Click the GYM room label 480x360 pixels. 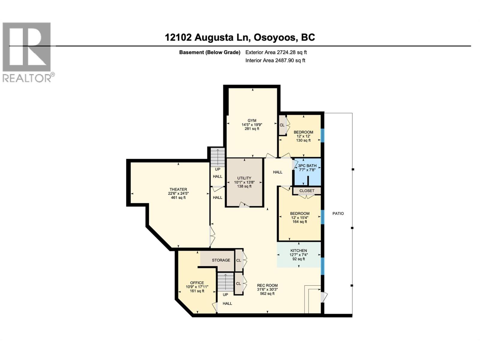[x=252, y=121]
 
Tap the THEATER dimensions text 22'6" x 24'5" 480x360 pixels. [x=178, y=193]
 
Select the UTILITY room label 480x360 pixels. [x=244, y=178]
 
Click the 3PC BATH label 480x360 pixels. [x=307, y=166]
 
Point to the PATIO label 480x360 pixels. [x=338, y=214]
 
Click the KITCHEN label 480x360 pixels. [x=298, y=250]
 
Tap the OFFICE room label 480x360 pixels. [x=197, y=283]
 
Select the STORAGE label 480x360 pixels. [x=221, y=260]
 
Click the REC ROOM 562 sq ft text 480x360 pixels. [x=267, y=294]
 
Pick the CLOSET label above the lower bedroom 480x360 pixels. [x=307, y=191]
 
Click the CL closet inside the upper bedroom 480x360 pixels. [x=282, y=125]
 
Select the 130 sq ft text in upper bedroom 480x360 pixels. [x=303, y=140]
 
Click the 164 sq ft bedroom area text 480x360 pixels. [x=300, y=222]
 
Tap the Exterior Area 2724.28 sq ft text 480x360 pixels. [x=276, y=52]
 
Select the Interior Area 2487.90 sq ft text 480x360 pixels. [x=275, y=60]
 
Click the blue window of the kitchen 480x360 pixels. [x=322, y=266]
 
